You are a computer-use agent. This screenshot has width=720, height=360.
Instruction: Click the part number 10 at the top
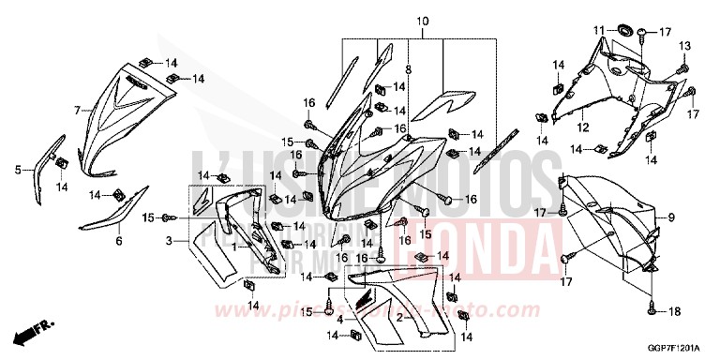422,21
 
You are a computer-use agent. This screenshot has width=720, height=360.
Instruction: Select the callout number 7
78,111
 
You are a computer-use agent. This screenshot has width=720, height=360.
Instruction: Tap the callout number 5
17,170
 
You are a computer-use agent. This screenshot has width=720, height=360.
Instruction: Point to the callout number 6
119,241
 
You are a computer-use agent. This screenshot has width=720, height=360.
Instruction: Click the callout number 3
169,242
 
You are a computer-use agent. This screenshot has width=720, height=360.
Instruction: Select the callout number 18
675,309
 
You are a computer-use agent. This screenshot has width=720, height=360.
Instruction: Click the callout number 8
409,69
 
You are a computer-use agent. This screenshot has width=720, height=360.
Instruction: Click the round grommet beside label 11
620,35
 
